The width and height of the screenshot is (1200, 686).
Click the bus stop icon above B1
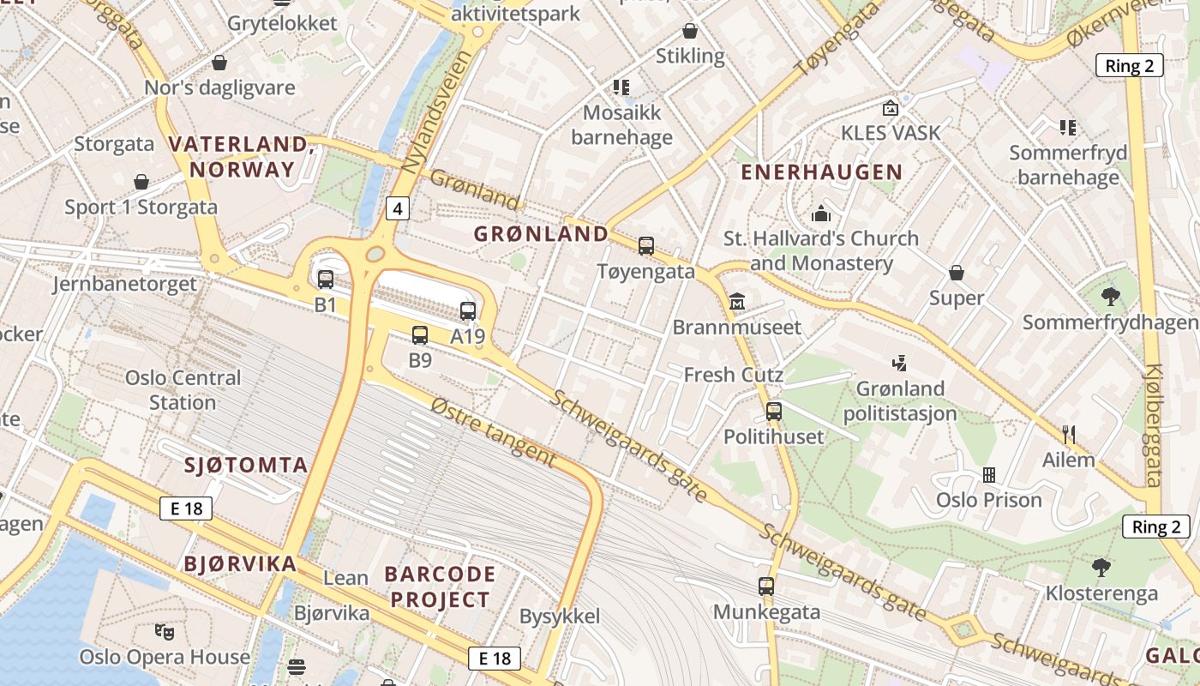click(x=326, y=279)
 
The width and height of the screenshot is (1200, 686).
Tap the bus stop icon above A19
click(x=468, y=311)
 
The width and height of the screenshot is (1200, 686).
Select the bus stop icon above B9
click(x=420, y=335)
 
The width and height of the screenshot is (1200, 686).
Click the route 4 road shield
click(x=397, y=208)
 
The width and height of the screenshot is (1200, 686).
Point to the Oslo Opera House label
click(x=165, y=658)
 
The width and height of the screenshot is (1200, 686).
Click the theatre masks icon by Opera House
click(x=165, y=633)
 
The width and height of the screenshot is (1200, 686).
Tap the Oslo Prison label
click(x=988, y=500)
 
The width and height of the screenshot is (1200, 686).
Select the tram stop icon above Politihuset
click(x=774, y=412)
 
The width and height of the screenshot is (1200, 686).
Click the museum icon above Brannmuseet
click(x=737, y=302)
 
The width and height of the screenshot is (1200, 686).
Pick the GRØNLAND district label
click(x=541, y=233)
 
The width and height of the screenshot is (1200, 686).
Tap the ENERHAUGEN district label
click(x=822, y=172)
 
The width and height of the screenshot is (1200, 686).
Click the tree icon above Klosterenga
click(x=1101, y=568)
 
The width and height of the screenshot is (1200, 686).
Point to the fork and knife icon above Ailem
click(x=1068, y=435)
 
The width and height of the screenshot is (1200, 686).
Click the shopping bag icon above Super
click(x=957, y=274)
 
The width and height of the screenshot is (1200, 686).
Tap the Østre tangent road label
click(x=493, y=431)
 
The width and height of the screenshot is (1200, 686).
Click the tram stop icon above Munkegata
click(x=766, y=587)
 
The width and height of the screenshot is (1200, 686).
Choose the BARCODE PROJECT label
click(x=440, y=587)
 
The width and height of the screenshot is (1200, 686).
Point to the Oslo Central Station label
click(x=183, y=390)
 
